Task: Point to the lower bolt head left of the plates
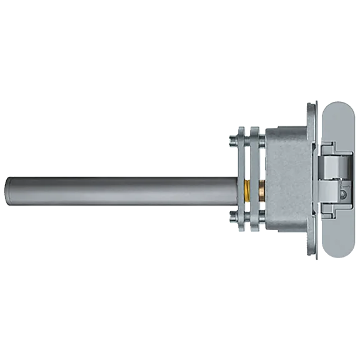coord(232,218)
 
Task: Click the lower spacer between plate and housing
coord(261,218)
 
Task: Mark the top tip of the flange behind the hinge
coord(311,105)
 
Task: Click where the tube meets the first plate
coord(235,192)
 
